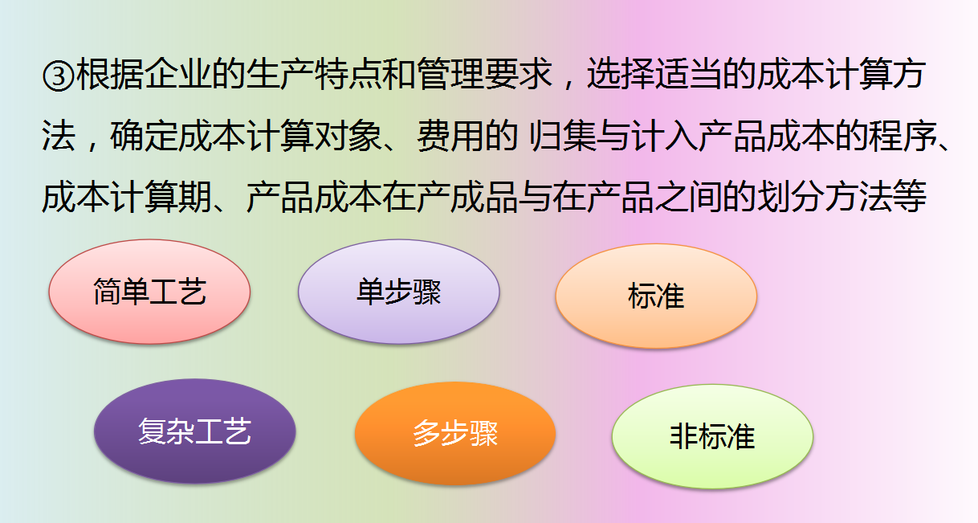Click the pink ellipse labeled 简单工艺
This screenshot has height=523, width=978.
point(149,291)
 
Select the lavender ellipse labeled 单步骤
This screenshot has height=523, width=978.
point(398,291)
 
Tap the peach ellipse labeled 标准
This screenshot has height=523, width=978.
point(656,296)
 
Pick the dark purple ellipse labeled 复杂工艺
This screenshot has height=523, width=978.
point(194,431)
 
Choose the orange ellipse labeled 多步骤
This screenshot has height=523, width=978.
point(454,433)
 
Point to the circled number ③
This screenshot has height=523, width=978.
point(58,76)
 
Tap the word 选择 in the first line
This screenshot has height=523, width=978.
point(621,76)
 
